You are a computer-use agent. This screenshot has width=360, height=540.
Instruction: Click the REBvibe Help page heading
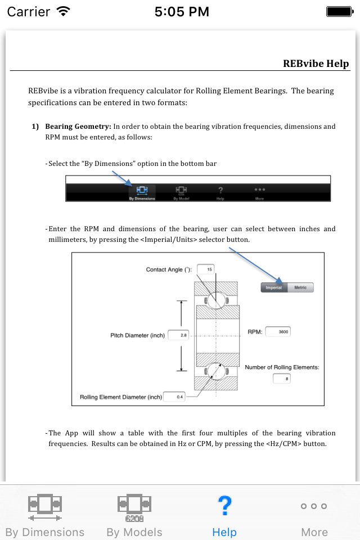coord(316,64)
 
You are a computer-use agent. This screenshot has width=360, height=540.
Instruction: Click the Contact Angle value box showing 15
coord(206,269)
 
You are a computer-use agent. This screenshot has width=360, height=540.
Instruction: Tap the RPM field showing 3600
coord(278,332)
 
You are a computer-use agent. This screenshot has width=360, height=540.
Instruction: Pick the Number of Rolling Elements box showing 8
coord(281,379)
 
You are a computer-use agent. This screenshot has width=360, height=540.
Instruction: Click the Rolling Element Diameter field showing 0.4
coord(174,397)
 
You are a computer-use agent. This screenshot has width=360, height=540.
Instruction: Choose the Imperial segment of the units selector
coord(274,287)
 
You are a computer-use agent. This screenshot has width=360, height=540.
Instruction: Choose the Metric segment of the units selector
coord(300,287)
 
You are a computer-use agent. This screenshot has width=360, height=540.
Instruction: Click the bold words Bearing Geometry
coord(78,127)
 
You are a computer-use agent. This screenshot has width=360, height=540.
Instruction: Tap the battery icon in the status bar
coord(339,11)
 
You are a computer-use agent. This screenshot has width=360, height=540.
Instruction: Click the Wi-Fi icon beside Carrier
coord(64,11)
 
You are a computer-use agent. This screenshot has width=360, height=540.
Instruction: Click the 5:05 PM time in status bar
coord(181,11)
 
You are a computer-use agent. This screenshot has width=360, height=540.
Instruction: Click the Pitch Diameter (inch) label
coord(137,335)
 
